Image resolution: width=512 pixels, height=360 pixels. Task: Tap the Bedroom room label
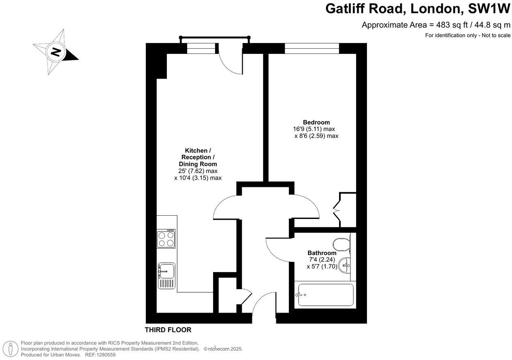(316, 122)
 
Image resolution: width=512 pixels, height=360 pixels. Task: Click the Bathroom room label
(322, 253)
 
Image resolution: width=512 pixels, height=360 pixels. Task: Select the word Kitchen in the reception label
(196, 150)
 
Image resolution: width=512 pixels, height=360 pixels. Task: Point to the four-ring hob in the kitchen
(166, 238)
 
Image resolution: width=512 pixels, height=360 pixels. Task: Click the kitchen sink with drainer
(166, 276)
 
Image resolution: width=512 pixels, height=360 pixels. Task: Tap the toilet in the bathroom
(341, 244)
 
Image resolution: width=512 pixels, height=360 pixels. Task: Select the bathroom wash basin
(344, 266)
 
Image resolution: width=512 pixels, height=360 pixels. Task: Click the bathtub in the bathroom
(325, 296)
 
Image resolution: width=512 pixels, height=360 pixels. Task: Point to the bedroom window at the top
(311, 49)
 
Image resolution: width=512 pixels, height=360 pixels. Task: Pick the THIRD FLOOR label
(168, 330)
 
